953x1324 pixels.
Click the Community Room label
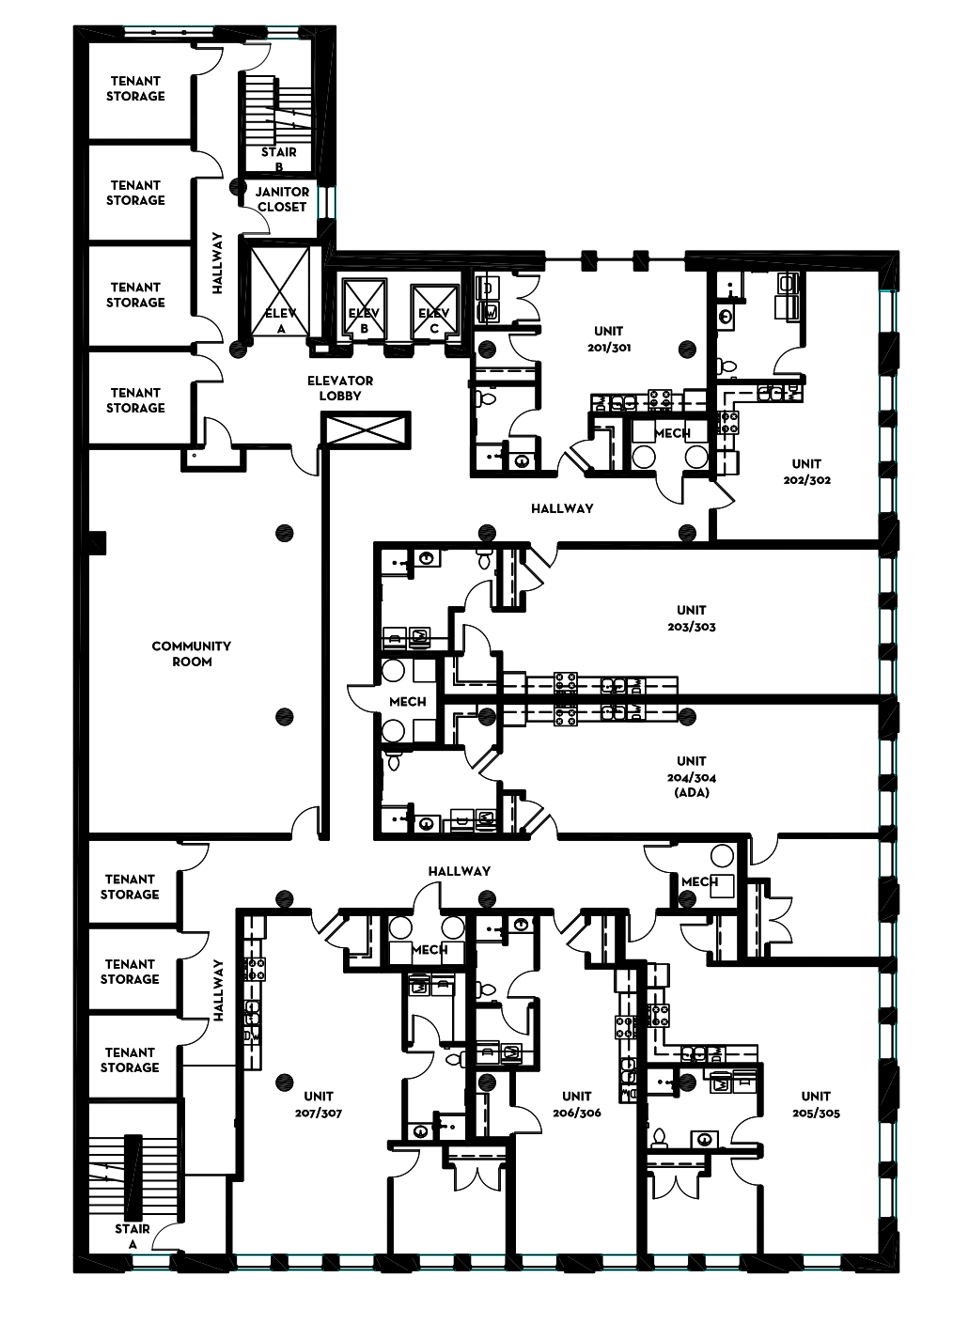click(x=191, y=654)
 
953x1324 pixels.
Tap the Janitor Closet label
click(x=282, y=199)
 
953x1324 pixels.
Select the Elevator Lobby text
click(x=340, y=388)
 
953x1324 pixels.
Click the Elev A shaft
click(x=280, y=292)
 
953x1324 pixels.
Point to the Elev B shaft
click(x=364, y=308)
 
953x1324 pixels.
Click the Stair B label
click(x=279, y=160)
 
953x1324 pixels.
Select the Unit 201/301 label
click(x=609, y=339)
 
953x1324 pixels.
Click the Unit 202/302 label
click(x=807, y=472)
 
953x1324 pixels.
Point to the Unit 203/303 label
click(x=692, y=618)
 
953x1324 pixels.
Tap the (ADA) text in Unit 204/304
click(x=692, y=793)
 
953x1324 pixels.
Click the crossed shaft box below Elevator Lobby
click(x=366, y=429)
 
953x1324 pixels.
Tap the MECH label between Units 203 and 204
click(x=408, y=702)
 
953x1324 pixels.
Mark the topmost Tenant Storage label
click(x=135, y=88)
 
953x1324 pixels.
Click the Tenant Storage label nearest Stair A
click(x=130, y=1060)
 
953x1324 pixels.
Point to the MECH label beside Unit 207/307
click(x=430, y=950)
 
